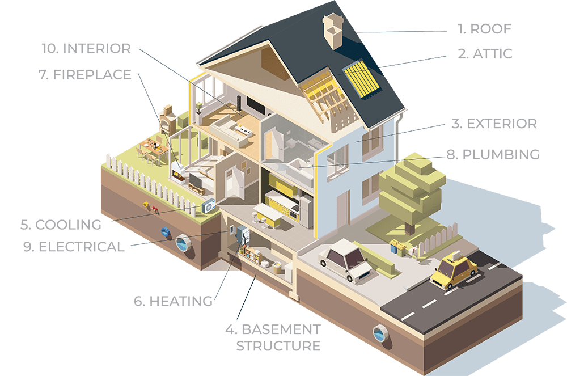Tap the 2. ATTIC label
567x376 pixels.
click(485, 54)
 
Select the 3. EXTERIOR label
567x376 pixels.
click(494, 124)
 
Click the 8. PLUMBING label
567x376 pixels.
click(493, 154)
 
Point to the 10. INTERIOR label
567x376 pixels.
click(86, 48)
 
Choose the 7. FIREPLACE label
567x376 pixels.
click(85, 75)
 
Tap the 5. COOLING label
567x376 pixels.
click(61, 224)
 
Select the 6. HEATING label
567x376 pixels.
click(173, 301)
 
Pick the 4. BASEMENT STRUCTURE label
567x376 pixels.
click(273, 337)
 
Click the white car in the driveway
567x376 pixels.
click(344, 259)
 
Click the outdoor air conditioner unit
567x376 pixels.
click(208, 205)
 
